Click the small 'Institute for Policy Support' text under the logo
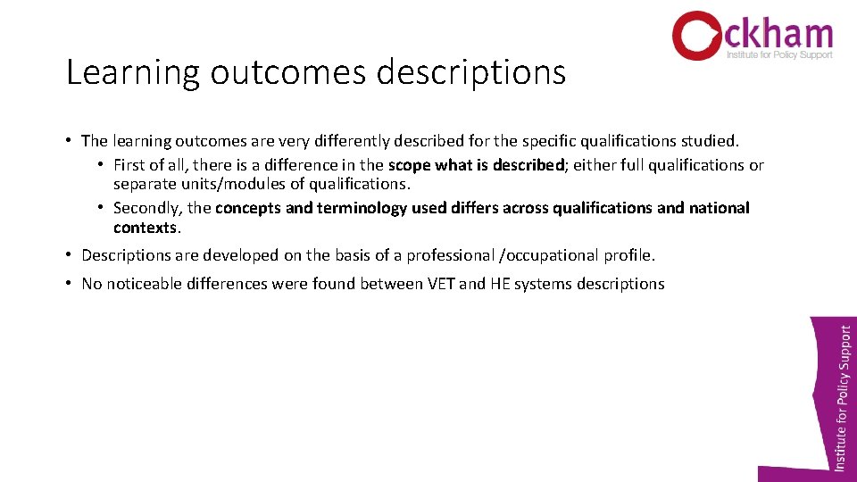point(779,54)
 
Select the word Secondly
point(146,208)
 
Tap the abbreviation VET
point(438,284)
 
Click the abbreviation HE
point(501,284)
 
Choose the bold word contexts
point(146,228)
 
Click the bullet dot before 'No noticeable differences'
point(69,284)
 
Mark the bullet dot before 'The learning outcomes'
point(69,141)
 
